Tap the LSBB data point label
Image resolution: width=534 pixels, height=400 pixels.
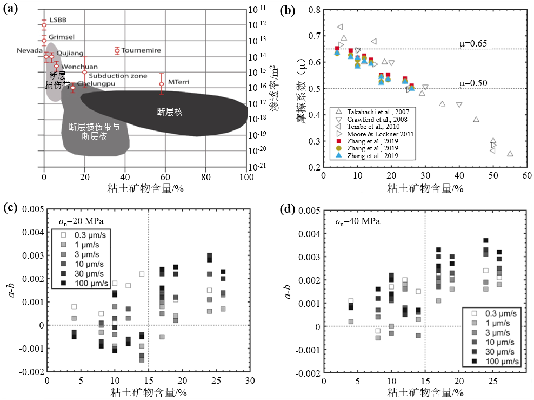[x=56, y=21]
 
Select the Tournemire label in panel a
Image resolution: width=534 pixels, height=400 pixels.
[x=141, y=50]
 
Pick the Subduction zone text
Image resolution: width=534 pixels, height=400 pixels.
[x=118, y=76]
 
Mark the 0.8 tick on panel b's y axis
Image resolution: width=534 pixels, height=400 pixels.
[x=313, y=10]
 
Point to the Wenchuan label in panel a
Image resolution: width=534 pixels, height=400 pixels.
[x=71, y=67]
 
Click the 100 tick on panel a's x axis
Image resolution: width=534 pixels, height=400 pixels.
[x=246, y=176]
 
